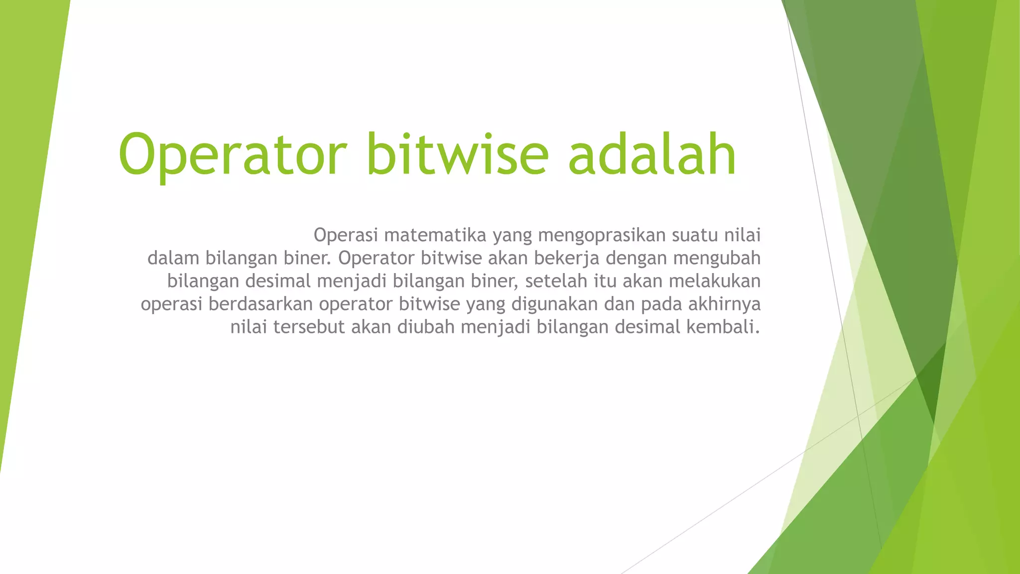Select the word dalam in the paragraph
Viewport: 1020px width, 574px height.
point(173,258)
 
